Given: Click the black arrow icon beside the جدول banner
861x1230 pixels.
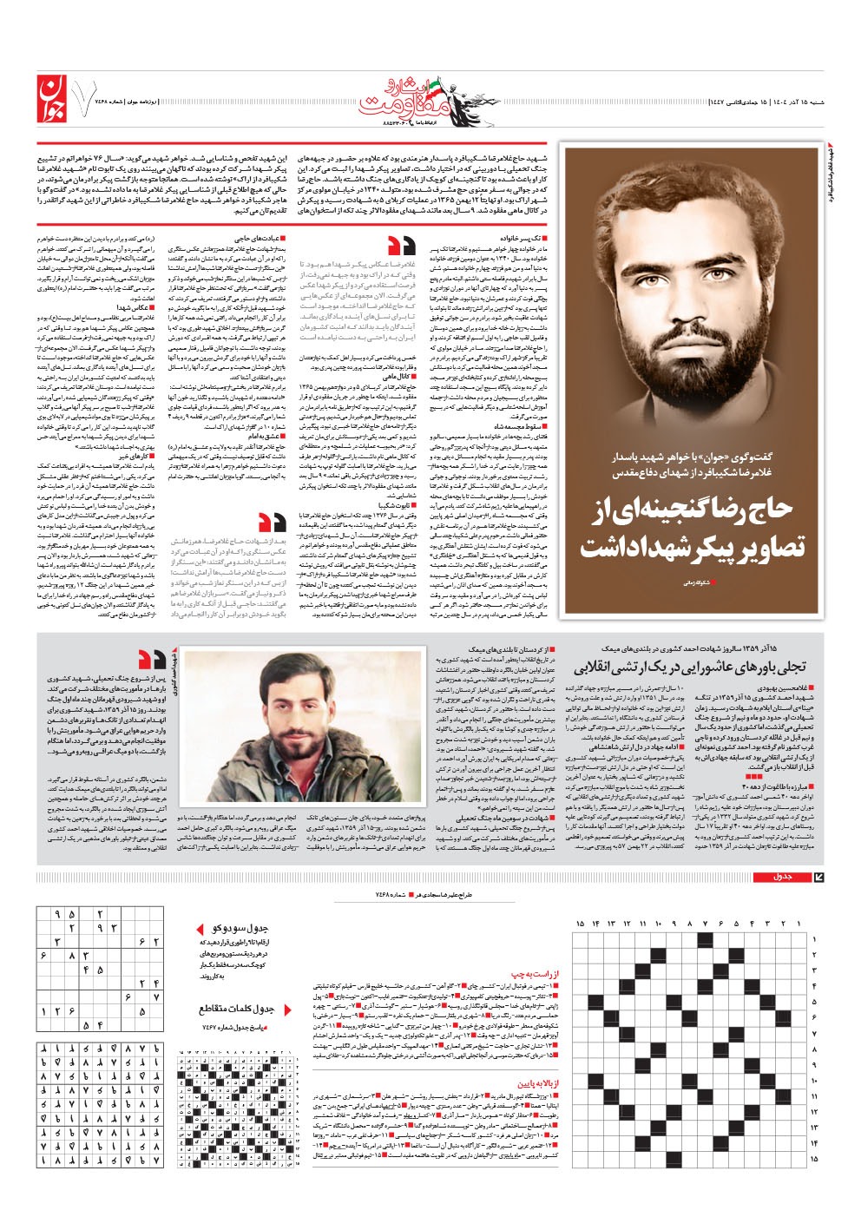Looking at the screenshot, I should (817, 877).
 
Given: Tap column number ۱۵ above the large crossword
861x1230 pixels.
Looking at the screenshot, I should (580, 923).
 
